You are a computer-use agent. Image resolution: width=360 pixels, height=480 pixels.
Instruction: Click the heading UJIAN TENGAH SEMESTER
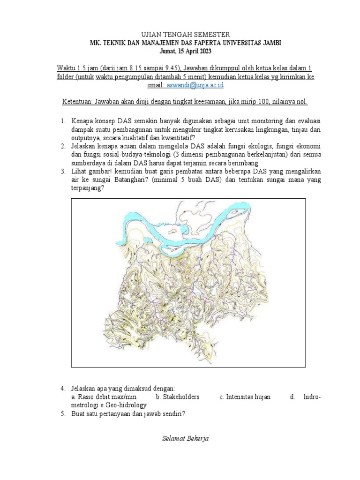pos(180,34)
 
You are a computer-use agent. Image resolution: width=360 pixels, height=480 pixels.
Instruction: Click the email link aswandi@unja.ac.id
pos(195,85)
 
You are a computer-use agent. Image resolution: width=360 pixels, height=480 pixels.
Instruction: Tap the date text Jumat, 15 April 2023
pos(180,51)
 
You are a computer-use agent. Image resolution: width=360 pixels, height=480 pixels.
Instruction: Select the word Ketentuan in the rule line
pos(77,102)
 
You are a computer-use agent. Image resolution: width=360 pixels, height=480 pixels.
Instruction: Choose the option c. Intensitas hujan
pos(245,397)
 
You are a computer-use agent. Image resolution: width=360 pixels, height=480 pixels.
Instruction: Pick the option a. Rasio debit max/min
pos(101,397)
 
